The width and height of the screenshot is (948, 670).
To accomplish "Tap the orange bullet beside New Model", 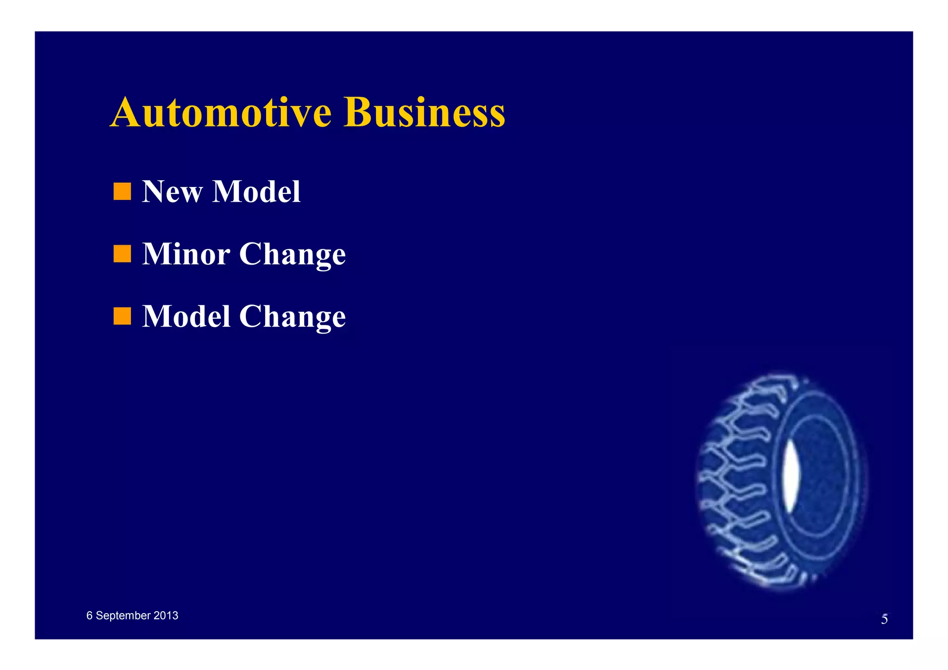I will point(122,192).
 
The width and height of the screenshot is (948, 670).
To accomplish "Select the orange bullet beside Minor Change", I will point(122,254).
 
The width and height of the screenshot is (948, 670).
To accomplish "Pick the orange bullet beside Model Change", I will point(122,316).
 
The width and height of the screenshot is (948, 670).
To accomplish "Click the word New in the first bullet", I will point(172,192).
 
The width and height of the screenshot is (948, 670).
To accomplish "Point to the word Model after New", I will point(256,192).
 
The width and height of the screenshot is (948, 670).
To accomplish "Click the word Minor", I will point(186,254).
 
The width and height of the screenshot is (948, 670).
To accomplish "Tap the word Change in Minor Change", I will point(293,255).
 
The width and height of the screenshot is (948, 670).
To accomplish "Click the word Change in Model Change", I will point(293,317).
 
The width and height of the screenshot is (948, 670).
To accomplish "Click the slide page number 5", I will point(884,619).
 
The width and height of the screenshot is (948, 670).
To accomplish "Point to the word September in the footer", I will point(123,616).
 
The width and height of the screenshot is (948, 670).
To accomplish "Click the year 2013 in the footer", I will point(166,615).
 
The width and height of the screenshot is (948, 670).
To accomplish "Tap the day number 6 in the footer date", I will point(89,615).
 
